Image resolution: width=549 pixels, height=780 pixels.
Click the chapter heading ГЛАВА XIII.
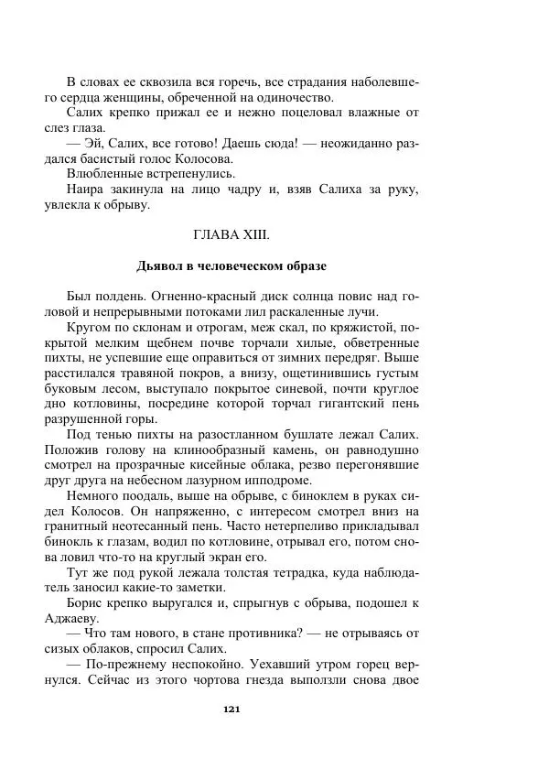[x=231, y=235]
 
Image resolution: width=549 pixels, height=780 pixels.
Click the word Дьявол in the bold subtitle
[x=161, y=266]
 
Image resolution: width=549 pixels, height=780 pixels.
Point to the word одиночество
[x=293, y=98]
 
